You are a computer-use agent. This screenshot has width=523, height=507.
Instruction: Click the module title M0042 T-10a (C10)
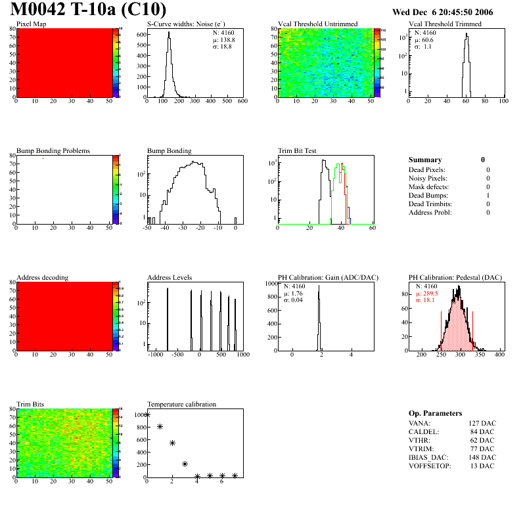[88, 11]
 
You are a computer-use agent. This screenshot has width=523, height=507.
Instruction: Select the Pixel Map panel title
[31, 24]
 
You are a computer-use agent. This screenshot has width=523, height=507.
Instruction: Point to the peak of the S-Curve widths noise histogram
[169, 33]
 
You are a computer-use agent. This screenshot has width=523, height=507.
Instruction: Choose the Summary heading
[425, 160]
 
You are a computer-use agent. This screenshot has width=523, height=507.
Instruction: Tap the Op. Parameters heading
[435, 413]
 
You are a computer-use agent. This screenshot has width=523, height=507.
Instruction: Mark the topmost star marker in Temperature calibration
[147, 414]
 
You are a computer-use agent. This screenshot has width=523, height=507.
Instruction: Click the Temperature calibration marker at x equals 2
[172, 443]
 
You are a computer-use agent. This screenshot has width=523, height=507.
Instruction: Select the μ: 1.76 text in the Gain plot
[294, 293]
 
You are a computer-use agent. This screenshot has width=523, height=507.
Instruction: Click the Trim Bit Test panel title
[300, 151]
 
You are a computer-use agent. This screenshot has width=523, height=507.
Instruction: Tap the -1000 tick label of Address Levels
[155, 355]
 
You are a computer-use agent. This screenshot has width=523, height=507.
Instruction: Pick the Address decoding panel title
[42, 278]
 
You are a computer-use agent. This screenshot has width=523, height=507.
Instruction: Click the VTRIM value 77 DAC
[484, 449]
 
